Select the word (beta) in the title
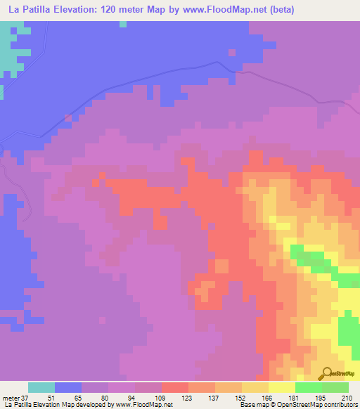pos(281,10)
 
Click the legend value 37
pos(27,397)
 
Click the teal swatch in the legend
pos(41,387)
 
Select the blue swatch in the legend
pos(68,387)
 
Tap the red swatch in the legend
pos(175,387)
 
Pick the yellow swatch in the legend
pos(282,387)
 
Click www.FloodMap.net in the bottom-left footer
pos(144,405)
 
